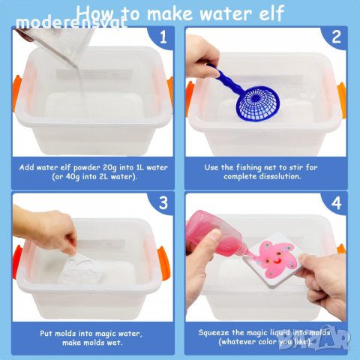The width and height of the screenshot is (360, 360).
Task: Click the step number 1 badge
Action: (162, 36)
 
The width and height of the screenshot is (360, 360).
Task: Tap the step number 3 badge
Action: (162, 203)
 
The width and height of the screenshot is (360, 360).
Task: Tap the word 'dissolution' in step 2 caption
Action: (296, 177)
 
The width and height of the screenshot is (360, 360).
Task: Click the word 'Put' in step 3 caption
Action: (44, 331)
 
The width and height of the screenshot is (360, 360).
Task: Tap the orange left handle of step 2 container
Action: (190, 98)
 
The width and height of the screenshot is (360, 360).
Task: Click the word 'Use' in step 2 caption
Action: (212, 166)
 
